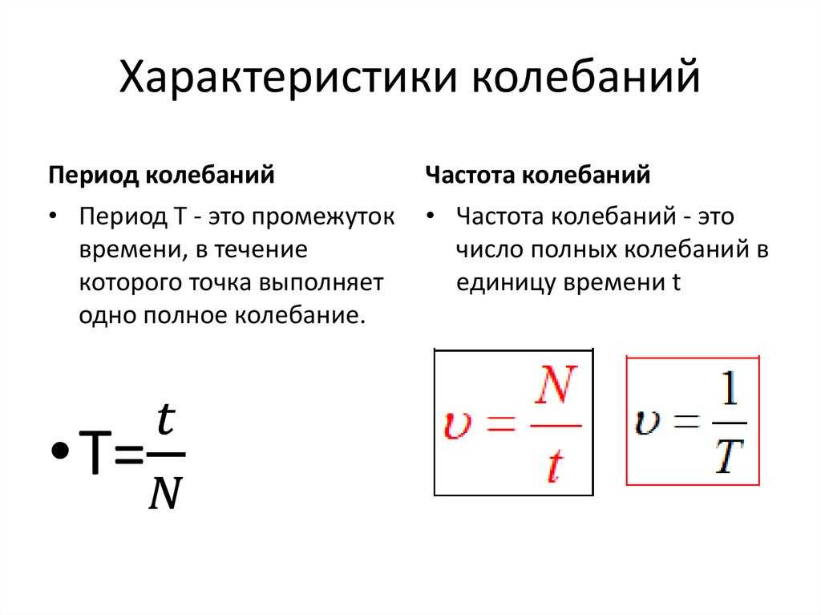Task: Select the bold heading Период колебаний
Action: coord(161,176)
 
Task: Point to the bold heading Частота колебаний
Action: coord(538,175)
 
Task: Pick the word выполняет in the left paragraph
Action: coord(321,282)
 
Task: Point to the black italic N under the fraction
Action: coord(165,493)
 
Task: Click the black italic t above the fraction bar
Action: coord(166,419)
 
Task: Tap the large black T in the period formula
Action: coord(95,451)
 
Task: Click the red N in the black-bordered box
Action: coord(556,385)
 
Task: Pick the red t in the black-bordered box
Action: coord(555,466)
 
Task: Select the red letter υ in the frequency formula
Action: coord(458,424)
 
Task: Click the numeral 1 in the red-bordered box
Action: coord(730,388)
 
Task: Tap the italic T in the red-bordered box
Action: coord(730,456)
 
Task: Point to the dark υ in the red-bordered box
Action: coord(647,422)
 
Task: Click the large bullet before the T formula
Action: coord(60,451)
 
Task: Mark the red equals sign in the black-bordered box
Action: coord(501,423)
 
